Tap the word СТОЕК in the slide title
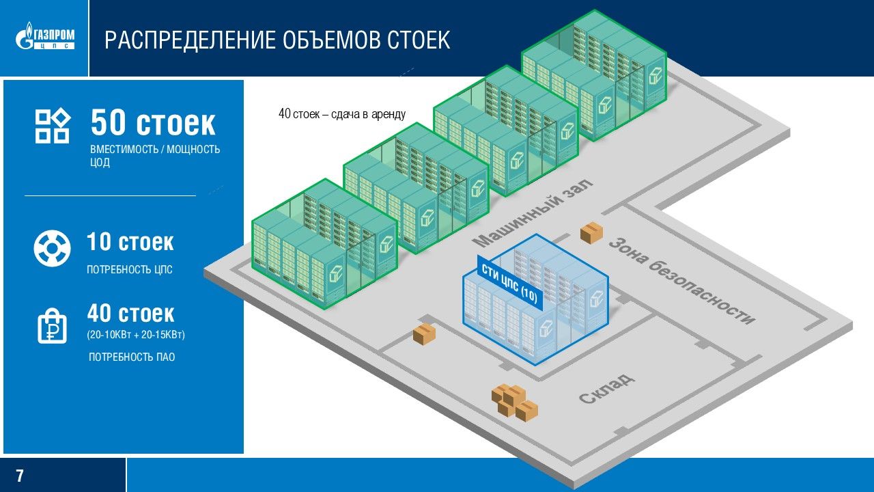tap(419, 40)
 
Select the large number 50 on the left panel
tap(109, 124)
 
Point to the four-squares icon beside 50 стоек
tap(53, 126)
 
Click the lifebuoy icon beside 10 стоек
tap(53, 248)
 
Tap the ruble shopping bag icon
tap(53, 325)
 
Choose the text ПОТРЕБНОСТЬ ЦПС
tap(130, 270)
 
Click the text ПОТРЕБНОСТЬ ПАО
tap(132, 357)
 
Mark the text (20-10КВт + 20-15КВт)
tap(137, 336)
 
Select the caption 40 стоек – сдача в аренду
tap(342, 114)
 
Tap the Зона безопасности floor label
tap(681, 280)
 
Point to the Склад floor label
tap(607, 388)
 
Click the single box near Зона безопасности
tap(591, 233)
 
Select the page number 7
tap(20, 476)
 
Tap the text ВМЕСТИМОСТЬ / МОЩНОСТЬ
tap(155, 150)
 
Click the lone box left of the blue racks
tap(424, 334)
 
